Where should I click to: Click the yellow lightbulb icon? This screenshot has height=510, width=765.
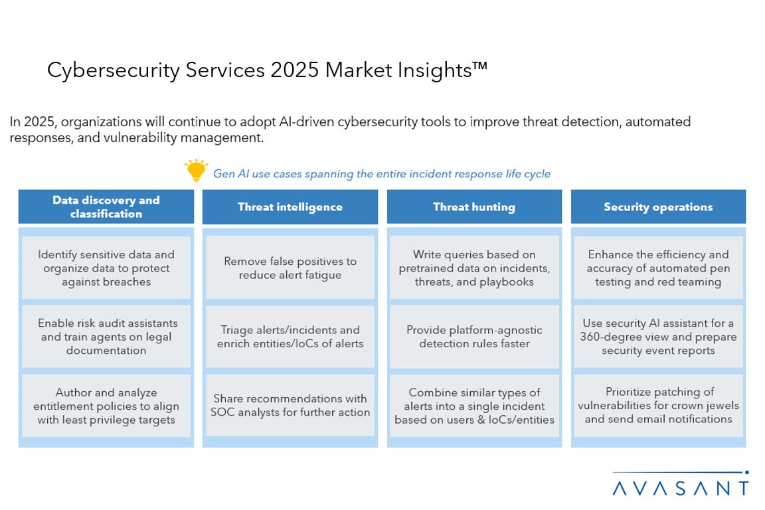coord(196,170)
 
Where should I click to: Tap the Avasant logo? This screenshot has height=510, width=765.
coord(680,483)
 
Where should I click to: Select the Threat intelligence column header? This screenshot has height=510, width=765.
coord(290,207)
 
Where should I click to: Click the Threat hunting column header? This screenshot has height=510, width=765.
coord(474,207)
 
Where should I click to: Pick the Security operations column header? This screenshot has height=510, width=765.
coord(658,207)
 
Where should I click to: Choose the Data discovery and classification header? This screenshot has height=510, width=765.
coord(106,207)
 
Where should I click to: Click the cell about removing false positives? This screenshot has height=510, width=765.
coord(290,268)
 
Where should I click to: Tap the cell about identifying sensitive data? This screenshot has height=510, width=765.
coord(106,268)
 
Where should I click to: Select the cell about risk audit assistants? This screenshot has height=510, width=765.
coord(106,337)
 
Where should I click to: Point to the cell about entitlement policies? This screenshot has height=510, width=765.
coord(106,406)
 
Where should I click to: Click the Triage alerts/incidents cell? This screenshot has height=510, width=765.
coord(290,337)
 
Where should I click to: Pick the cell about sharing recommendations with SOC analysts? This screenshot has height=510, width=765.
coord(290,406)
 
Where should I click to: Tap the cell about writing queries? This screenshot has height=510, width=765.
coord(474,268)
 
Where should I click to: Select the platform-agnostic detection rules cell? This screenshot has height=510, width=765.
coord(474,337)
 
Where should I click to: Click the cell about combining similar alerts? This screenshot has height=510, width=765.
coord(474,406)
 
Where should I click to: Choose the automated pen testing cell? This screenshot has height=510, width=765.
coord(658,268)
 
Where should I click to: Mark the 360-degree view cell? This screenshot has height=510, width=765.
coord(658,337)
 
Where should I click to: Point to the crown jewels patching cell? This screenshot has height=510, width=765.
coord(658,406)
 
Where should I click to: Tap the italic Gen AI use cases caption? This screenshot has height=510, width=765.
coord(382,174)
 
